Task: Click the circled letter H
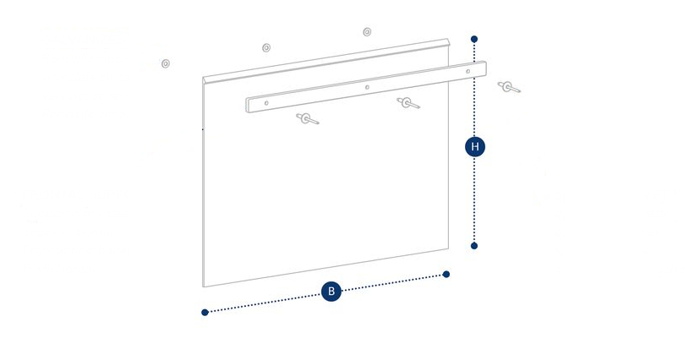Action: (x=475, y=147)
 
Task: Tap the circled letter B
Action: (x=331, y=292)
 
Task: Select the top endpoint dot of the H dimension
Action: (x=474, y=39)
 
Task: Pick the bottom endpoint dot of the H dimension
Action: (x=474, y=246)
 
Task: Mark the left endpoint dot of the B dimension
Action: (x=205, y=313)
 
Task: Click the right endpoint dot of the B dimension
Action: (x=446, y=275)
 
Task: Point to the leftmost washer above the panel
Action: (x=166, y=63)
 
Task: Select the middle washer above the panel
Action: (x=266, y=47)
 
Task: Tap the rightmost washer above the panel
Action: (x=367, y=31)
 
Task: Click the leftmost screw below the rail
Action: (x=307, y=118)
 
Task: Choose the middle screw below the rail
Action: (x=408, y=103)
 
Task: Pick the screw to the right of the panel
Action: (x=509, y=87)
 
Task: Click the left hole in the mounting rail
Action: (x=266, y=103)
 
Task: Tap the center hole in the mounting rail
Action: (x=367, y=87)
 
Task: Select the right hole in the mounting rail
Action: (x=468, y=71)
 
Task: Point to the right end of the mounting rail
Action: (x=486, y=68)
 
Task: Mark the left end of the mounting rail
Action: (x=246, y=106)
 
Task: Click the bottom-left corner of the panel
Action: (x=203, y=286)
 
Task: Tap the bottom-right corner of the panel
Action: (x=448, y=248)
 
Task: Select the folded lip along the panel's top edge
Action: (x=326, y=61)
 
